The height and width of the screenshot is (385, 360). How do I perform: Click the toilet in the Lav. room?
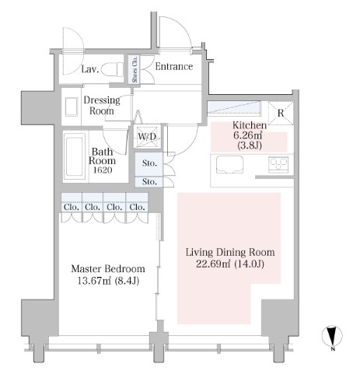coord(113,69)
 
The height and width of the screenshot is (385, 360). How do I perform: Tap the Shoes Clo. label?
coord(135,69)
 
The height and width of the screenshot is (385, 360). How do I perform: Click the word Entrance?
coord(174,67)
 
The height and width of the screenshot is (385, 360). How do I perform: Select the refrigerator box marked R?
coord(281,113)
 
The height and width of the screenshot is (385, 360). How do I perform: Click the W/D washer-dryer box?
coord(147,137)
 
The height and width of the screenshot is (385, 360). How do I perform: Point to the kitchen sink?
coord(230,165)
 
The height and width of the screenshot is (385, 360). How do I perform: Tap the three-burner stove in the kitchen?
coord(278,164)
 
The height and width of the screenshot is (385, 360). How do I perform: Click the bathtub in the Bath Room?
coord(75,156)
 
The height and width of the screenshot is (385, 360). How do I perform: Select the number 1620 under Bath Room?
coord(103,170)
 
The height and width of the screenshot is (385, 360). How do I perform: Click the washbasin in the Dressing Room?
coord(72,107)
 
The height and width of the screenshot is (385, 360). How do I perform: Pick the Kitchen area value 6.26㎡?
coord(248,135)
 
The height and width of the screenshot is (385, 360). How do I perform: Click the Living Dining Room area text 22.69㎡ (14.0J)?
coord(230,264)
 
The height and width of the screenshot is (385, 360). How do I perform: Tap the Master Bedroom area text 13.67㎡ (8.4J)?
coord(108,281)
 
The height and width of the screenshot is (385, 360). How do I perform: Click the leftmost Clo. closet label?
coord(72,207)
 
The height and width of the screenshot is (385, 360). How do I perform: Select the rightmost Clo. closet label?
coord(137,207)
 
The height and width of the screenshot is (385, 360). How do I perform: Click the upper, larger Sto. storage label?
coord(149,163)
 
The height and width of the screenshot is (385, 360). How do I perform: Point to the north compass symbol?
coord(332,336)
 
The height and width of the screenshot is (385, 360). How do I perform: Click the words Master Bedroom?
coord(108,269)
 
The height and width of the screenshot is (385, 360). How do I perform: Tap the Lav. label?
coord(90,69)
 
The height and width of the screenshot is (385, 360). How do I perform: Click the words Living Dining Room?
coord(230,252)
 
